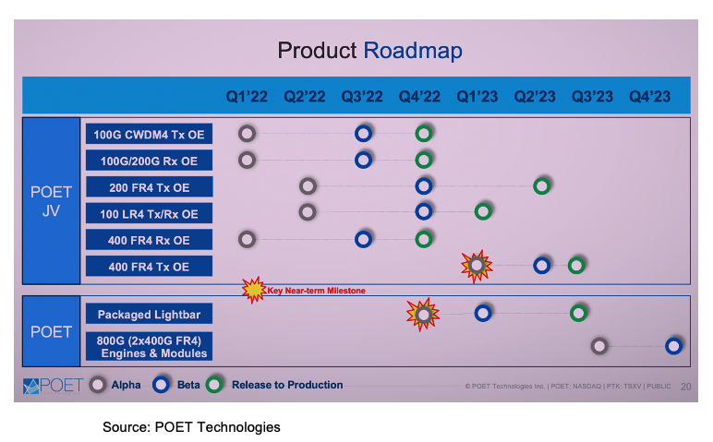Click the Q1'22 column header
[x=247, y=96]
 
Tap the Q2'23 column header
[x=535, y=96]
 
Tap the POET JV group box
[x=51, y=199]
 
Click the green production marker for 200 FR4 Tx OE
[x=542, y=186]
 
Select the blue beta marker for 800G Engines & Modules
[x=674, y=346]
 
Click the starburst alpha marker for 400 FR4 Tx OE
[x=477, y=266]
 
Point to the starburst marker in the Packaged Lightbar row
[x=423, y=314]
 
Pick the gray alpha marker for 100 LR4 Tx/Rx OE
[x=308, y=212]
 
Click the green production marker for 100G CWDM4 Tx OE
[x=423, y=134]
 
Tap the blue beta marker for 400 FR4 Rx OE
[x=364, y=240]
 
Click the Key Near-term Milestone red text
[x=317, y=291]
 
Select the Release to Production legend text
[x=287, y=385]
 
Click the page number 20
[x=685, y=386]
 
